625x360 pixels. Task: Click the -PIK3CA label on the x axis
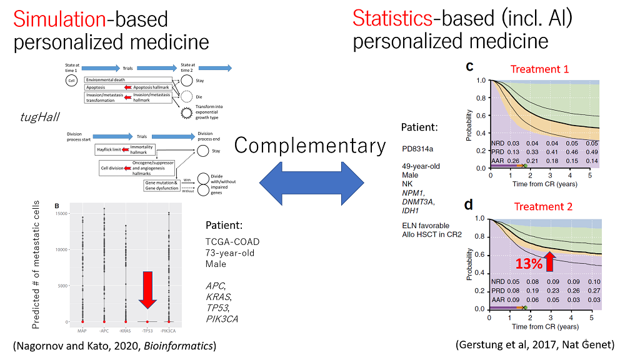(169, 329)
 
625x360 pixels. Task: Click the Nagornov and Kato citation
(114, 345)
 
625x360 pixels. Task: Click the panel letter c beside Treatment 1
(469, 66)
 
